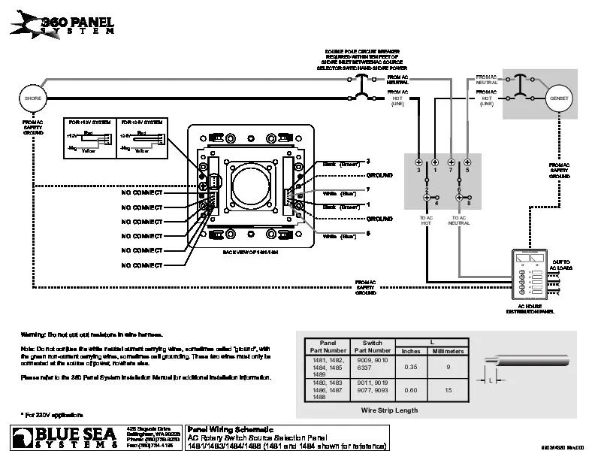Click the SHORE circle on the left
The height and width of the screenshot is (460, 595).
(32, 99)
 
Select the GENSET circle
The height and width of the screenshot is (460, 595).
(560, 99)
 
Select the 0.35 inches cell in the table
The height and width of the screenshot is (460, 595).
(411, 366)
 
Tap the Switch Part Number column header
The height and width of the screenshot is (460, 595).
(372, 347)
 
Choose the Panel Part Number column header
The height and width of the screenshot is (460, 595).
(327, 347)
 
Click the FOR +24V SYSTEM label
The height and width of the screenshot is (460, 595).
(143, 121)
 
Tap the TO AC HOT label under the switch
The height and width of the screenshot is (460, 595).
(426, 221)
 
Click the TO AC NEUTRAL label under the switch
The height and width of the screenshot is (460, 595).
(459, 221)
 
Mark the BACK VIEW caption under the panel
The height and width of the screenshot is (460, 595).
(250, 253)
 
